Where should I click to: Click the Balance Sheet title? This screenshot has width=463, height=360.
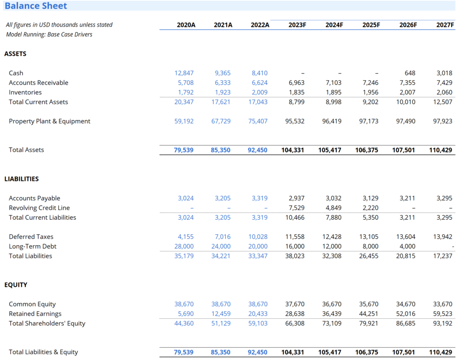36,6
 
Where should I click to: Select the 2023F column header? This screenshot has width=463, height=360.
297,25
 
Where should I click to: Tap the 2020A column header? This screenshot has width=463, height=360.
186,25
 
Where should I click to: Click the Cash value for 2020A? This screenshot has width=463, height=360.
184,73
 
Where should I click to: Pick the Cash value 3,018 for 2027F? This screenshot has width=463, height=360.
444,73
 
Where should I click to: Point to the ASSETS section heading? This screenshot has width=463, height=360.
15,54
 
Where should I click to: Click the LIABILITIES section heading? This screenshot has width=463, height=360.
21,179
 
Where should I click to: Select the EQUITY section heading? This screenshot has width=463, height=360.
16,285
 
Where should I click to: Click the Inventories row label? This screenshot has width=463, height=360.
25,92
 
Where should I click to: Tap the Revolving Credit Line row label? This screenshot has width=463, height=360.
39,208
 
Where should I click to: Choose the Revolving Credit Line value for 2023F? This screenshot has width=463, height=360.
296,208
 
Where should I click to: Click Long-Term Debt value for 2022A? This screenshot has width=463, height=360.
258,246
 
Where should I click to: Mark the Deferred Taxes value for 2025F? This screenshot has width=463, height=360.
369,237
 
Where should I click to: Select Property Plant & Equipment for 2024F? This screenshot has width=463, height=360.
332,121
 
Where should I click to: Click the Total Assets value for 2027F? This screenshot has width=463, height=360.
440,150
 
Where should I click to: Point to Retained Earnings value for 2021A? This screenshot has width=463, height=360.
221,314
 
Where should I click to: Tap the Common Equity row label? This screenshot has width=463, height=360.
32,304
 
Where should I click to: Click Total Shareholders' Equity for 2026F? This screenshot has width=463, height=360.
406,323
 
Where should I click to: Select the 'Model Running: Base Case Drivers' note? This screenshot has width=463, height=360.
49,34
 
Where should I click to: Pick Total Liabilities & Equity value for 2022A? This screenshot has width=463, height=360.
258,352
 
